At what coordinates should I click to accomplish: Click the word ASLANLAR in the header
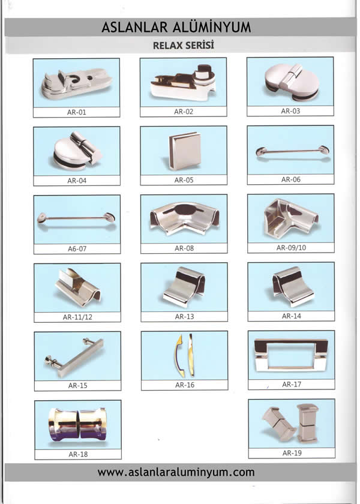click(134, 28)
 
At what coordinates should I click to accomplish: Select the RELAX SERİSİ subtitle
click(184, 46)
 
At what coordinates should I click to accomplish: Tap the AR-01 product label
click(77, 112)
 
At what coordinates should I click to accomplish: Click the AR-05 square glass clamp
click(185, 151)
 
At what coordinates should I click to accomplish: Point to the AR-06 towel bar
click(292, 151)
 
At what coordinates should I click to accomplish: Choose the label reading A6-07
click(77, 249)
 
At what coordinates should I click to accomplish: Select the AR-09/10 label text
click(291, 248)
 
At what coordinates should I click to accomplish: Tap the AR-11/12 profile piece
click(78, 287)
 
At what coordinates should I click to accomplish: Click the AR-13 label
click(185, 317)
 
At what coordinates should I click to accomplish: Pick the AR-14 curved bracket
click(293, 286)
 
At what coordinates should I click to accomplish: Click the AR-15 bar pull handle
click(74, 358)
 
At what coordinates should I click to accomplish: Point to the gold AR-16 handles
click(184, 355)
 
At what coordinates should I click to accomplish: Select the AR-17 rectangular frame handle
click(291, 355)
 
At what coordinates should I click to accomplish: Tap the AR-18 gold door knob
click(77, 424)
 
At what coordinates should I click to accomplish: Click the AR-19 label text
click(292, 453)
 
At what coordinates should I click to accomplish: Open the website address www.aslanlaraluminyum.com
click(176, 472)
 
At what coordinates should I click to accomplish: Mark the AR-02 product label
click(184, 112)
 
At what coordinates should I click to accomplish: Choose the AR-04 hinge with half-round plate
click(77, 151)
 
